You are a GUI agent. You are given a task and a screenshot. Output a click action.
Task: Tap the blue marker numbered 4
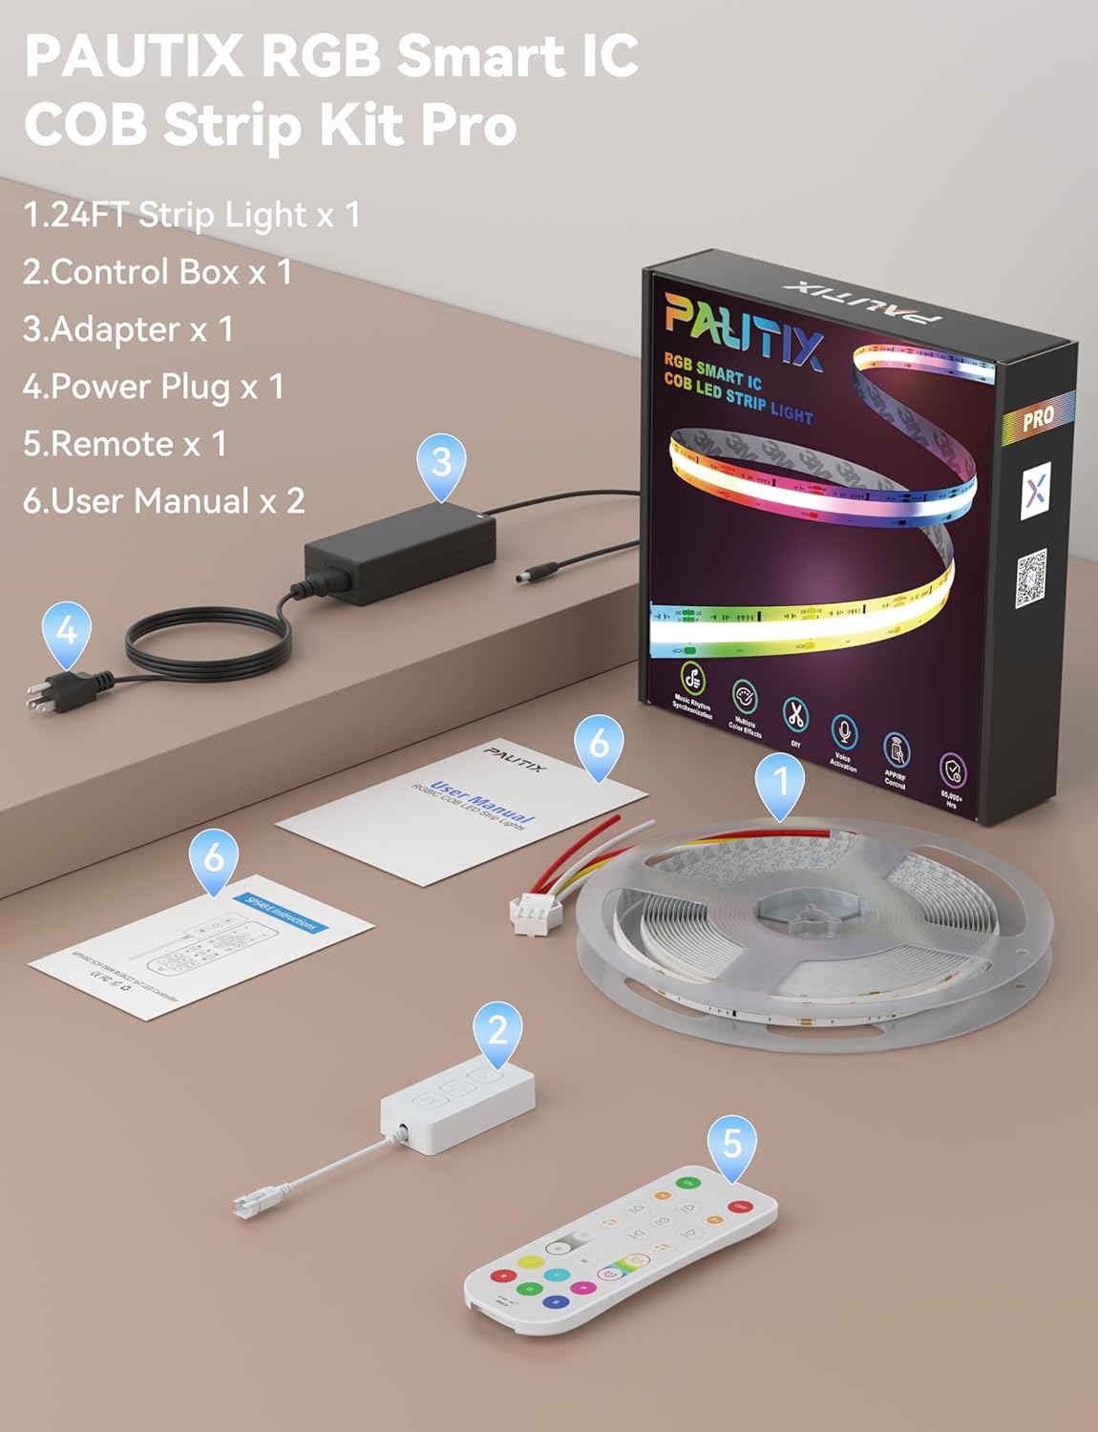67,632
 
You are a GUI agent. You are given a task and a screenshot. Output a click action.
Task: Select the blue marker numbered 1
780,782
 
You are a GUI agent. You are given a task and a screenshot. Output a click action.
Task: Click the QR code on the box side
1030,577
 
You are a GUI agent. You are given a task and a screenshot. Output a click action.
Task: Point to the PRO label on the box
1038,417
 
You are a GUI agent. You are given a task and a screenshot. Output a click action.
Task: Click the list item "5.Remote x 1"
125,444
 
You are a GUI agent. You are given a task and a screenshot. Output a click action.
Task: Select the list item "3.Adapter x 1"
128,329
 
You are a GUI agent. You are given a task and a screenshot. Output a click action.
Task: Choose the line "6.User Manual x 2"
163,501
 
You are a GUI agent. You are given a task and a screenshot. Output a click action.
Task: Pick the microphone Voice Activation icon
843,733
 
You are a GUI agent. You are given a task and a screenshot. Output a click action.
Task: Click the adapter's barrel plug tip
527,577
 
